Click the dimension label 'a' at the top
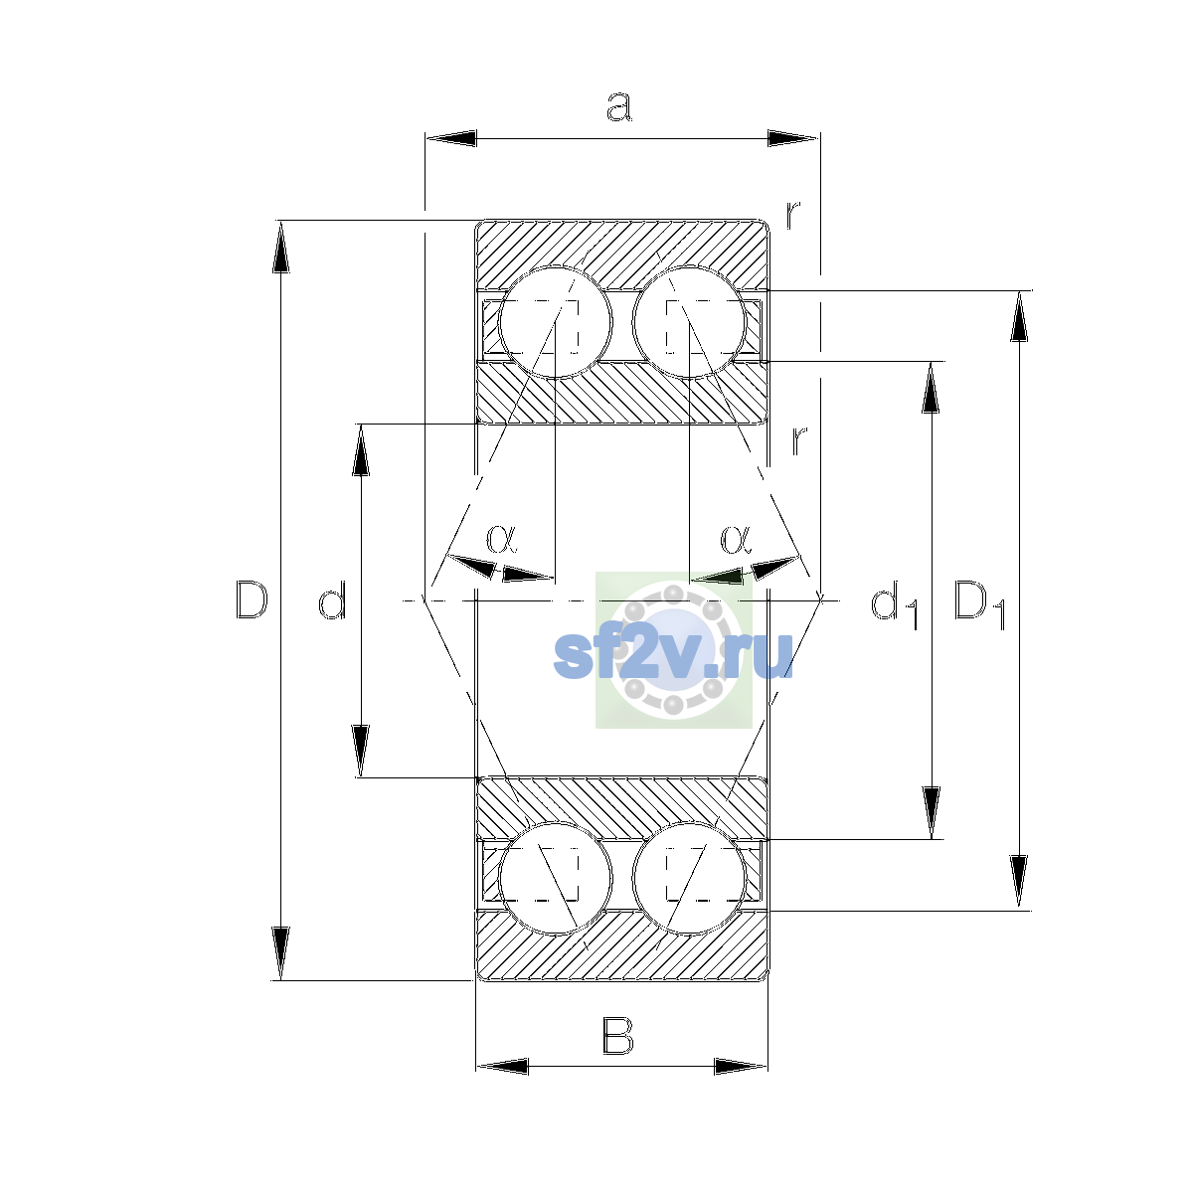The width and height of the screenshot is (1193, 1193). pyautogui.click(x=619, y=106)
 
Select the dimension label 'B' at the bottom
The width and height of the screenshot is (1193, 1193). pyautogui.click(x=617, y=1035)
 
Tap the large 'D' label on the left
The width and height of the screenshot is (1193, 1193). pyautogui.click(x=252, y=599)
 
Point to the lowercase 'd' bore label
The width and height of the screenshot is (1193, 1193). pyautogui.click(x=332, y=599)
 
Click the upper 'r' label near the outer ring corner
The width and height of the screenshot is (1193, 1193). pyautogui.click(x=793, y=214)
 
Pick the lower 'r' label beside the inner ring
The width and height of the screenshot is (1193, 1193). pyautogui.click(x=799, y=440)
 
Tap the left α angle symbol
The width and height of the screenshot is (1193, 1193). pyautogui.click(x=501, y=539)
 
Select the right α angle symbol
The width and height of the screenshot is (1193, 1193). pyautogui.click(x=736, y=539)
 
